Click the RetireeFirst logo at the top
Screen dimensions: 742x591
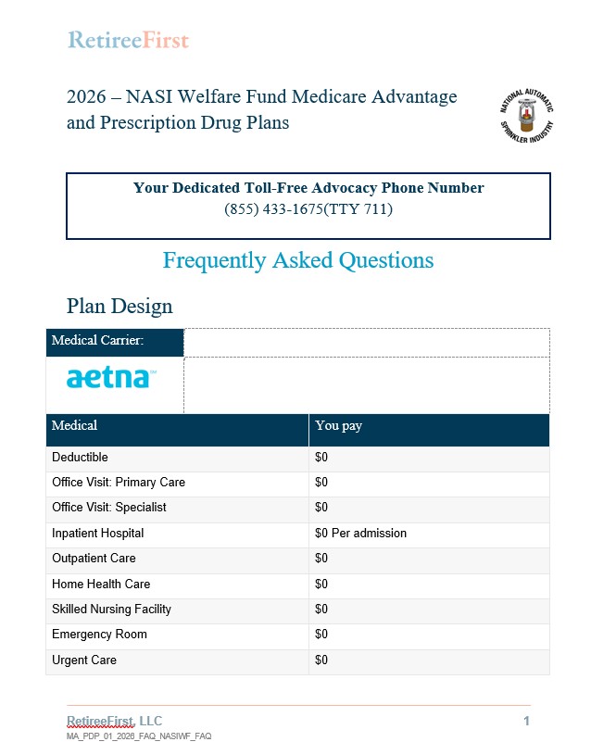coord(128,40)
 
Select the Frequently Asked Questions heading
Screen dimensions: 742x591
coord(297,260)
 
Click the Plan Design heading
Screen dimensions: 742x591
coord(119,306)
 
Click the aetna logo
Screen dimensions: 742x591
coord(111,378)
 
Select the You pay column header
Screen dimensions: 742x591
coord(339,426)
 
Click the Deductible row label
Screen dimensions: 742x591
coord(80,457)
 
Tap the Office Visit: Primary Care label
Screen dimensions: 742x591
coord(119,483)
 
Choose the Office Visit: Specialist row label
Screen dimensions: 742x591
coord(109,508)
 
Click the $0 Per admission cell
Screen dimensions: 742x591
coord(360,534)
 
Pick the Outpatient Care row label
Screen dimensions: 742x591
coord(94,559)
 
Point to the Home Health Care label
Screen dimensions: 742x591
coord(101,585)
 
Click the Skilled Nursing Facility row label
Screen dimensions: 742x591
coord(111,610)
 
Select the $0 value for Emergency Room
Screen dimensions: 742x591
coord(321,635)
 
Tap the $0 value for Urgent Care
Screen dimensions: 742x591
coord(321,660)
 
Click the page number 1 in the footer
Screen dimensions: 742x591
coord(526,721)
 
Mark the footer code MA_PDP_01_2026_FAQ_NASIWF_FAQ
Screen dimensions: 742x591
coord(139,736)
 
